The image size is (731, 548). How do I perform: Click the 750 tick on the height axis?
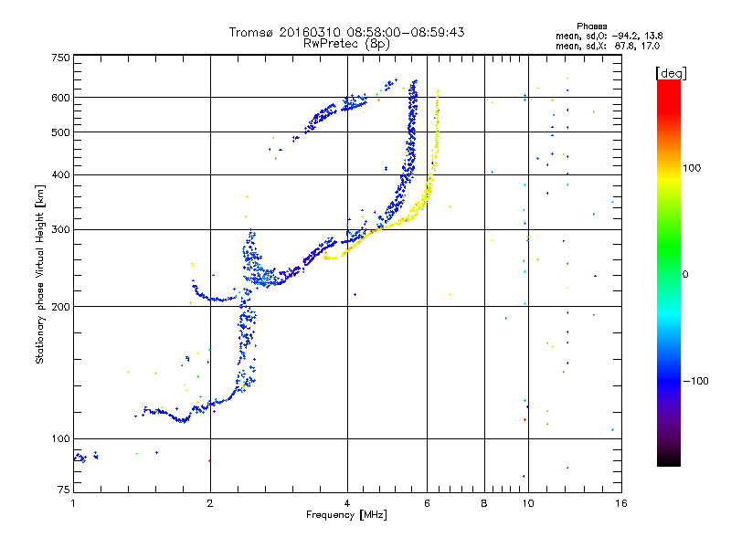(60, 57)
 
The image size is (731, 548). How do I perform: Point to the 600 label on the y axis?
(60, 98)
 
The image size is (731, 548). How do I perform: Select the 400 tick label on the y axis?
(60, 174)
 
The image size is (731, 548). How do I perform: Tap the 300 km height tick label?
(60, 229)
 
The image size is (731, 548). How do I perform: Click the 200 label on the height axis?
(60, 307)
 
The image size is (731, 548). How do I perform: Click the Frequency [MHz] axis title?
(346, 516)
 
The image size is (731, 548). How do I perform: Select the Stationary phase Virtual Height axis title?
(40, 274)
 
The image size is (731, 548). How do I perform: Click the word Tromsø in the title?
(252, 32)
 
